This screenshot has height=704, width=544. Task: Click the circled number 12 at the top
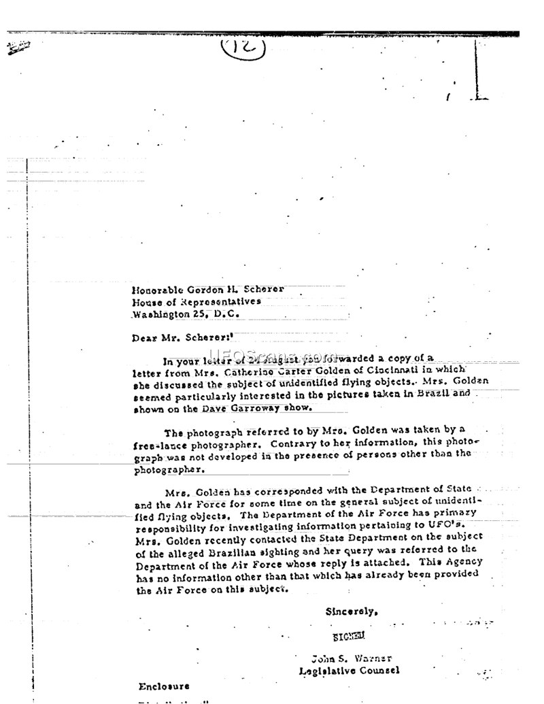pos(242,48)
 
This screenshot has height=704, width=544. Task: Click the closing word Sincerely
pos(351,611)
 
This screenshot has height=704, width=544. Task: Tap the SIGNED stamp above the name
pos(348,637)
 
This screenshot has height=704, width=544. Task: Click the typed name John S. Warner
pos(352,658)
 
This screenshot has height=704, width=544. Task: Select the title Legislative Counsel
pos(350,671)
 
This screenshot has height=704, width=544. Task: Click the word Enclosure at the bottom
pos(164,686)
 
